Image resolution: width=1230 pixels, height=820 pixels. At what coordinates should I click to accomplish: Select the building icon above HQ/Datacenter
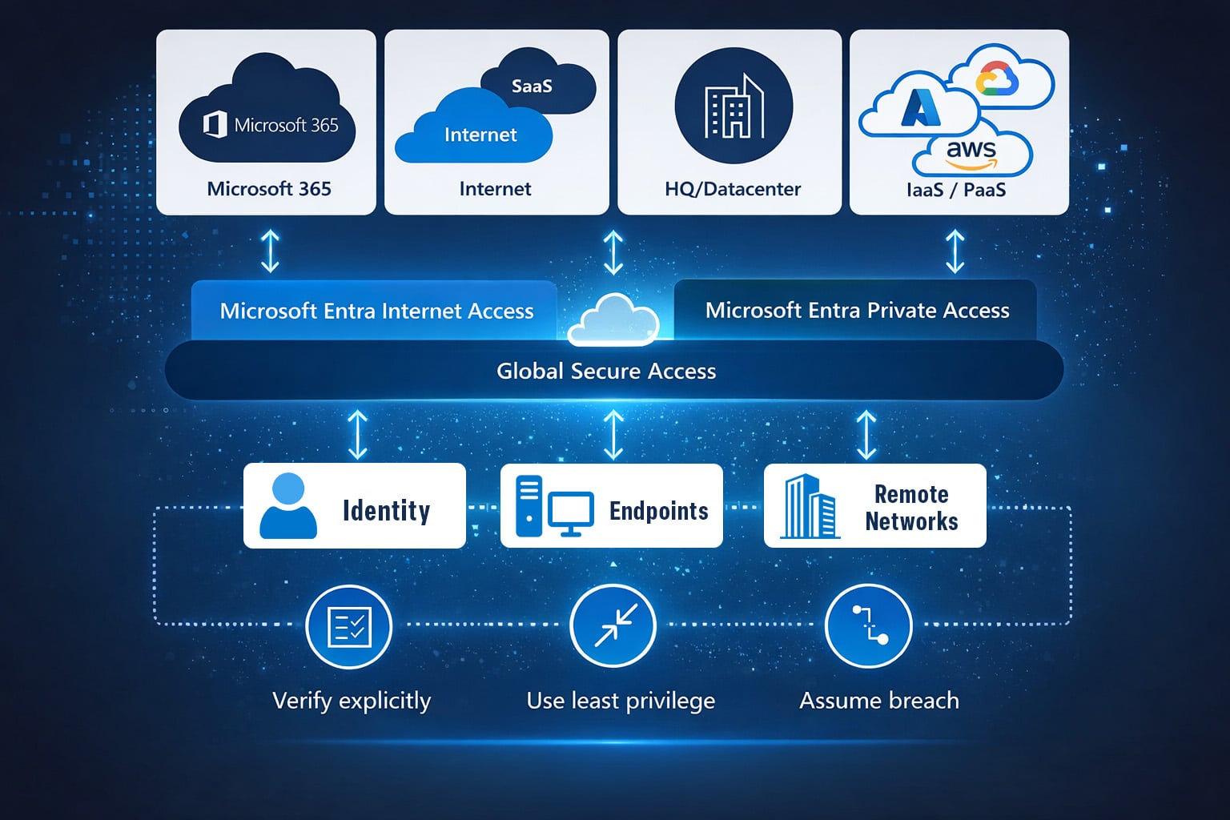(734, 107)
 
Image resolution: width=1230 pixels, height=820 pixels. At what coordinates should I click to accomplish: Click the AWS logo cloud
(972, 155)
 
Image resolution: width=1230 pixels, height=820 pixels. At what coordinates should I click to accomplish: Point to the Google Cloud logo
(998, 80)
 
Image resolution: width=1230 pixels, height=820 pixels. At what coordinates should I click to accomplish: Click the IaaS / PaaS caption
(956, 190)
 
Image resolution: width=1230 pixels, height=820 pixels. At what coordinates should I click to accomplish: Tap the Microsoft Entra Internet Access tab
(376, 311)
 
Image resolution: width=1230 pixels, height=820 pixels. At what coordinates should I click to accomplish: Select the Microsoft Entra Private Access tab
(857, 311)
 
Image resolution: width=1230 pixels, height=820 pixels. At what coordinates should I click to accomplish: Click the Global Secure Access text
(606, 371)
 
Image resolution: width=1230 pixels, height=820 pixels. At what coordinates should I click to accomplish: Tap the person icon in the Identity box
(288, 506)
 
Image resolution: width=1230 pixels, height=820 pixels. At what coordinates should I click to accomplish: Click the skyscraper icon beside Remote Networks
(810, 507)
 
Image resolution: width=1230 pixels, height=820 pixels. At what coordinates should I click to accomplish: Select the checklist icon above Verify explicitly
(349, 626)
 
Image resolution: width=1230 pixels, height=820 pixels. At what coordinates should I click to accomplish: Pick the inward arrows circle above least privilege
(613, 625)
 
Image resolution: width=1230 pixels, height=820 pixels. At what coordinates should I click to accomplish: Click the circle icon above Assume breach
(869, 625)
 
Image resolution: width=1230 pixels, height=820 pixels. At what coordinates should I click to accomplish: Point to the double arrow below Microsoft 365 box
(271, 251)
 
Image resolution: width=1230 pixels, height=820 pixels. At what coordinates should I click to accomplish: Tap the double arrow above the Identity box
(357, 435)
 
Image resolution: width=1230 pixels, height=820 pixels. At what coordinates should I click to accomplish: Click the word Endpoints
(658, 511)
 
